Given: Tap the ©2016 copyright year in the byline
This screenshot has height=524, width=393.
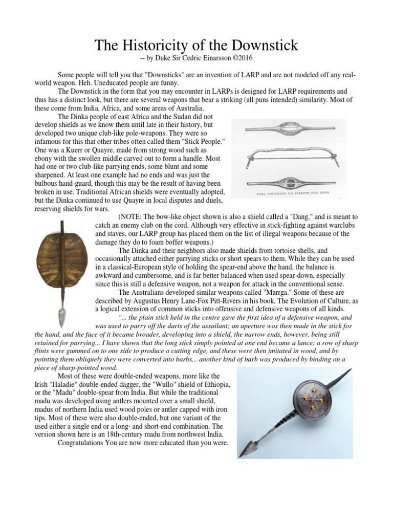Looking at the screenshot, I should (x=239, y=57).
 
